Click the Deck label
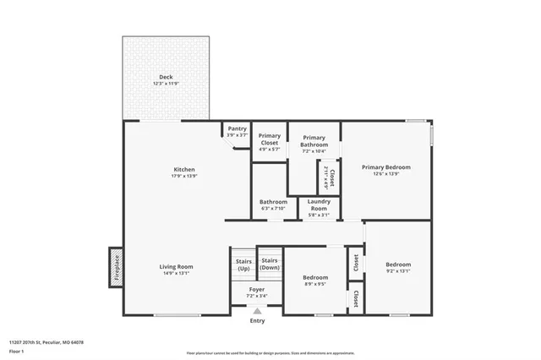tap(166, 77)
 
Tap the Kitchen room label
tap(184, 170)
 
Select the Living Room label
tap(177, 267)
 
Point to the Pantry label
tap(237, 128)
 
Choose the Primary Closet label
tap(269, 139)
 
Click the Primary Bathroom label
tap(314, 141)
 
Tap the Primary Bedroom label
tap(385, 167)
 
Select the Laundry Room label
tap(318, 205)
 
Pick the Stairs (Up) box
tap(243, 265)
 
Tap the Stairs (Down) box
tap(270, 264)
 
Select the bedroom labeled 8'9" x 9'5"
tap(315, 281)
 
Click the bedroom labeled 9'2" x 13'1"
tap(398, 268)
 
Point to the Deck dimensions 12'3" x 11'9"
tap(166, 84)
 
